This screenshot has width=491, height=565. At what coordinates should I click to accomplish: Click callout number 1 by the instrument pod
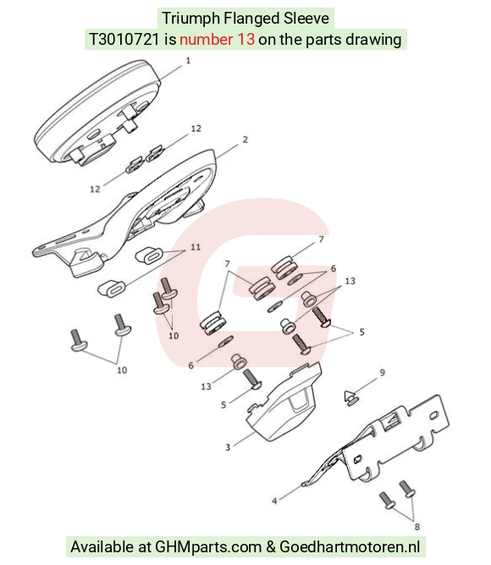(x=188, y=61)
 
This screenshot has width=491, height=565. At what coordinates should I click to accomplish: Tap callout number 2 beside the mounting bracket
(x=245, y=140)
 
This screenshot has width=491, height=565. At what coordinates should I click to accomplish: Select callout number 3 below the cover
(x=228, y=447)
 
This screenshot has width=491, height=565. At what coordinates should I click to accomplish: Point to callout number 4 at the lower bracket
(x=274, y=501)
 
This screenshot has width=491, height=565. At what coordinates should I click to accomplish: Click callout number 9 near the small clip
(x=383, y=372)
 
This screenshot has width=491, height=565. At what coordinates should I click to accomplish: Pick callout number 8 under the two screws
(x=417, y=527)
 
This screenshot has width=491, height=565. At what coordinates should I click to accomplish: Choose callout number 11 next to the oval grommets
(x=196, y=247)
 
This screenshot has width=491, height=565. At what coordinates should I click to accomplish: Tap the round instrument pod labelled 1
(x=97, y=112)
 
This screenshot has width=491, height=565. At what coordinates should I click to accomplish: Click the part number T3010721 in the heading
(x=124, y=39)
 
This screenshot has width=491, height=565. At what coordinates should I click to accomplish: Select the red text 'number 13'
(x=218, y=39)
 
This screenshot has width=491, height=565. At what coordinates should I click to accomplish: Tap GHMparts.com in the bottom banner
(x=207, y=547)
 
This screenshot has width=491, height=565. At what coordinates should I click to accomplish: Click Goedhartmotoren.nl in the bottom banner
(x=350, y=547)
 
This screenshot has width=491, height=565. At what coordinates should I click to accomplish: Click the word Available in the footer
(x=102, y=546)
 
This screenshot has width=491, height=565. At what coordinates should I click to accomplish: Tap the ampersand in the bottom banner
(x=271, y=547)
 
